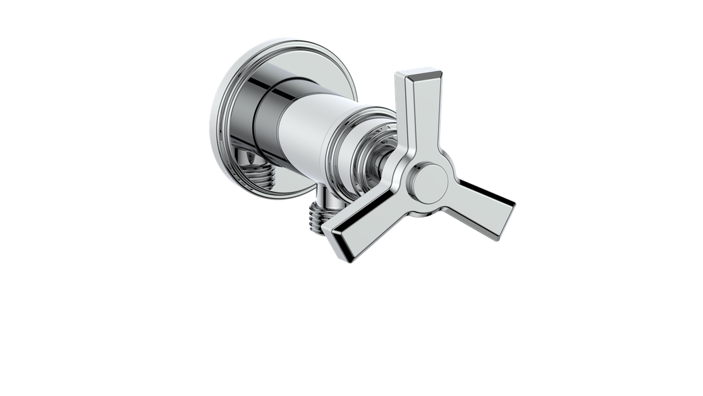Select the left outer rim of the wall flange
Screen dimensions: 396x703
tap(214, 124)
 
